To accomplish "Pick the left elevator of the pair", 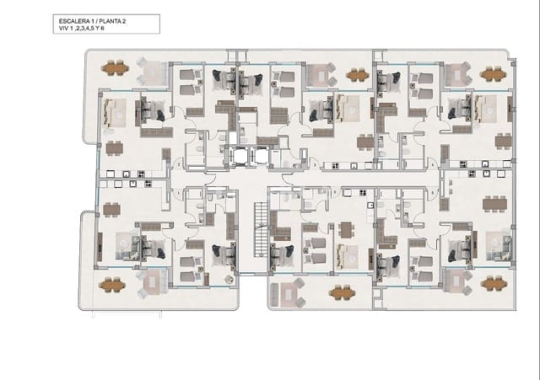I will click(237, 156).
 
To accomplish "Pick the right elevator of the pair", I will click(256, 156).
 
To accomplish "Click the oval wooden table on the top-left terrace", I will click(116, 67).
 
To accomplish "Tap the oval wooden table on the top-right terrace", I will click(492, 73).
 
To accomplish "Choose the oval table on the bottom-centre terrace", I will click(342, 292).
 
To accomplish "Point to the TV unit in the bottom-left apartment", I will click(100, 246).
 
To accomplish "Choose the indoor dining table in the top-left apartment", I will click(113, 147).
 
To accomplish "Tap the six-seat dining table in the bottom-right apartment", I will click(497, 201).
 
